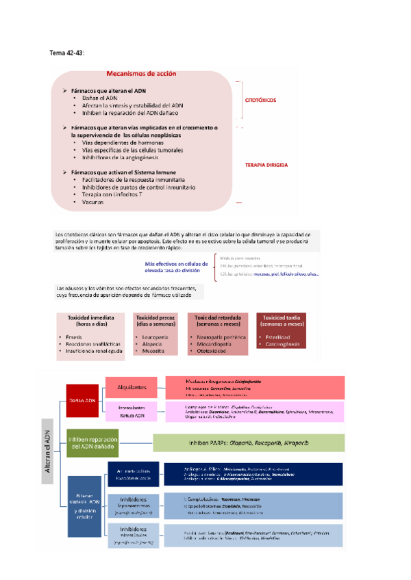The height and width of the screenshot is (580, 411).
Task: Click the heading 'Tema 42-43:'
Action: tap(69, 53)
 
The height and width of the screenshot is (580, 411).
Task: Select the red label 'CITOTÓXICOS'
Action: tap(261, 100)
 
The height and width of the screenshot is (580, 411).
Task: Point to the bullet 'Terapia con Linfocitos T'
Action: tap(112, 195)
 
